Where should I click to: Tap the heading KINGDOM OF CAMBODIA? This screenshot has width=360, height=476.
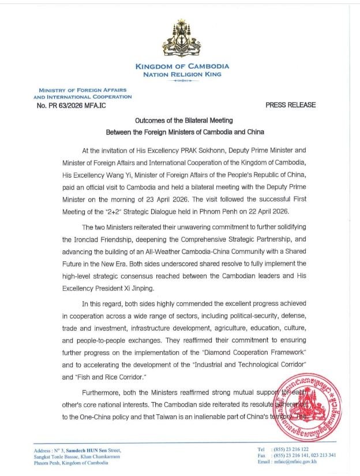(x=182, y=66)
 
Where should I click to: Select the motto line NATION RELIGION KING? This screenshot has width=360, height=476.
(x=182, y=74)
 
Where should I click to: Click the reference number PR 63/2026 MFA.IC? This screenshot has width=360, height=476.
(x=70, y=106)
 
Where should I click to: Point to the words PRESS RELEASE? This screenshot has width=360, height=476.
(x=291, y=106)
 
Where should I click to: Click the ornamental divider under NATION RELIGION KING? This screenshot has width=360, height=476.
(x=182, y=81)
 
